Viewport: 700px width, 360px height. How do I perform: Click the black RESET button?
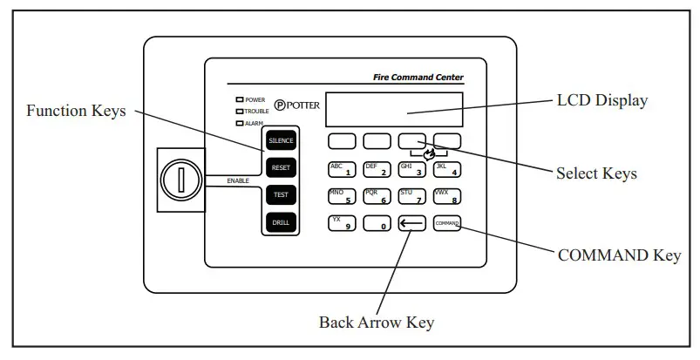(x=281, y=167)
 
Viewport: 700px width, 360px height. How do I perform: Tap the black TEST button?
(x=281, y=195)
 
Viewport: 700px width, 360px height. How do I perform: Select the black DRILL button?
(x=281, y=222)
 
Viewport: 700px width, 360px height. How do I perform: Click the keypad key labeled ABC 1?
(x=341, y=168)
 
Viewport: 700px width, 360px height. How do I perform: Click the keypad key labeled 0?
(x=376, y=223)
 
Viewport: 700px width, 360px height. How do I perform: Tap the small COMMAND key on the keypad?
(x=446, y=223)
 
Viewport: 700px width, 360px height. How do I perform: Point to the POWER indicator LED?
(x=239, y=100)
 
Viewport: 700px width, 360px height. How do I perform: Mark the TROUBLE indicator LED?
(x=239, y=112)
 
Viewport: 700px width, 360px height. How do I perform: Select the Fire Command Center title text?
(x=425, y=78)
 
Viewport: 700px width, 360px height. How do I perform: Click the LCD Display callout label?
(x=601, y=101)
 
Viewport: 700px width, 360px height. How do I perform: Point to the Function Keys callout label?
(x=75, y=111)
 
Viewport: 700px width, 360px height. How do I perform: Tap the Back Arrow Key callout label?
(x=376, y=322)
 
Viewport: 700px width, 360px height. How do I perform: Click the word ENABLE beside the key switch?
(x=238, y=180)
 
